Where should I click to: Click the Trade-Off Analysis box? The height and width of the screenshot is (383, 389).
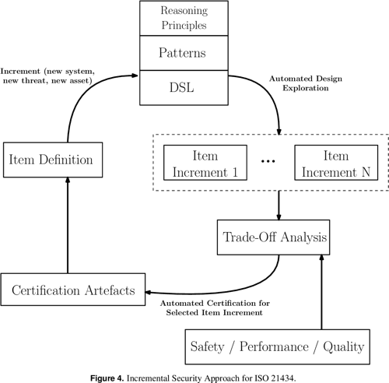tap(279, 235)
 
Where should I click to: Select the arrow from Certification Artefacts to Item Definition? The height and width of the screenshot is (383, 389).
tap(68, 226)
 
